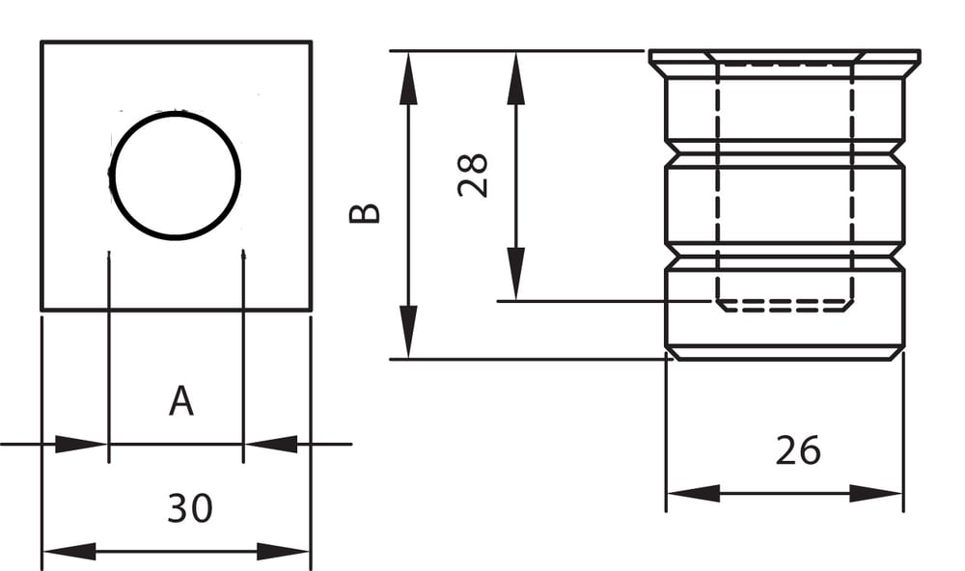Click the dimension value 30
pyautogui.click(x=189, y=507)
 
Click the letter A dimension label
pyautogui.click(x=180, y=400)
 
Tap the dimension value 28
pyautogui.click(x=473, y=175)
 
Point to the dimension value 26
pyautogui.click(x=797, y=450)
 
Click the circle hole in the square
pyautogui.click(x=175, y=176)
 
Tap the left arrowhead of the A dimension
pyautogui.click(x=81, y=445)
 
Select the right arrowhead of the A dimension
pyautogui.click(x=270, y=445)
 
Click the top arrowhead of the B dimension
pyautogui.click(x=409, y=77)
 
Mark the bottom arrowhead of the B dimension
pyautogui.click(x=409, y=332)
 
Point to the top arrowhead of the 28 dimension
pyautogui.click(x=516, y=77)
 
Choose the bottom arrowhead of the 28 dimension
pyautogui.click(x=516, y=274)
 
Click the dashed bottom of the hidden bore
pyautogui.click(x=784, y=306)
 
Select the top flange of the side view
pyautogui.click(x=784, y=65)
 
